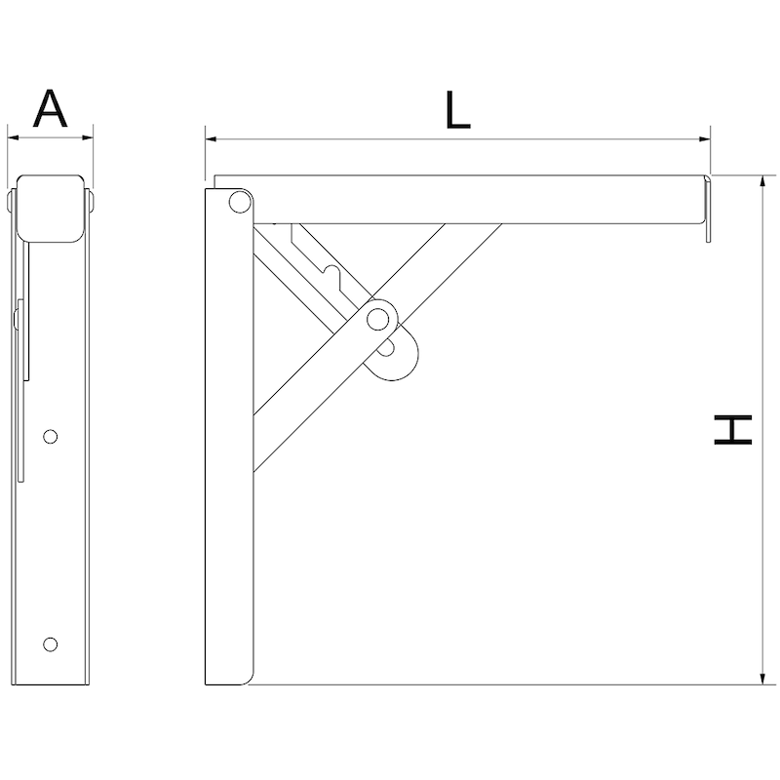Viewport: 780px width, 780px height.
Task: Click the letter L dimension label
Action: (x=456, y=110)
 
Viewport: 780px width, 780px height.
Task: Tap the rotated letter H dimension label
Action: (x=733, y=429)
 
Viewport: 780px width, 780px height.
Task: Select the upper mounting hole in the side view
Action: (x=52, y=436)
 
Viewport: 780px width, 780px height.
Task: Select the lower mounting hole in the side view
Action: (x=52, y=643)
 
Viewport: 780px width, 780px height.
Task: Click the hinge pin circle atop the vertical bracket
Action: (x=237, y=203)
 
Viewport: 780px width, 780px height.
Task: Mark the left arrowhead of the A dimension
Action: (x=13, y=137)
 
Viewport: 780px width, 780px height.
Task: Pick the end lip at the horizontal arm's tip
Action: (x=710, y=207)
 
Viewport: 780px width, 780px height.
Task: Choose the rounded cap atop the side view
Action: (x=52, y=208)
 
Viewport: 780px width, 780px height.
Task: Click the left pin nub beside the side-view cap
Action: (x=12, y=203)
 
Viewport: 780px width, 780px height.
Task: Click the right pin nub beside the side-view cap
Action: (x=91, y=203)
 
